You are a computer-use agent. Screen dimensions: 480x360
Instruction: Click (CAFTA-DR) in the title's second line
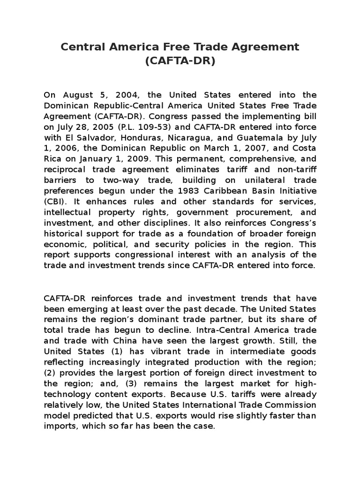(180, 61)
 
